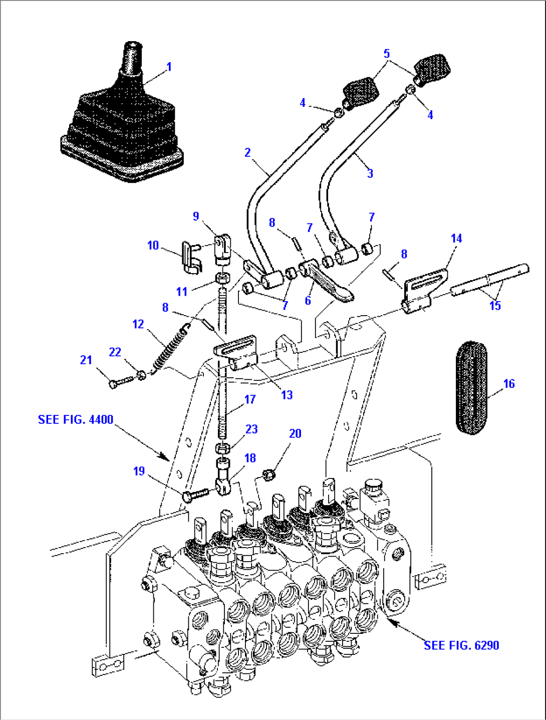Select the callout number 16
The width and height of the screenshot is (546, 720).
coord(509,384)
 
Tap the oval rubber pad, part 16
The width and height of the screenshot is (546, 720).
coord(471,387)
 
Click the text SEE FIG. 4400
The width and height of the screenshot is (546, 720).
coord(76,419)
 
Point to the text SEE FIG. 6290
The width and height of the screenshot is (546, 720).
coord(461,645)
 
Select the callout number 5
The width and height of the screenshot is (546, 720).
coord(386,54)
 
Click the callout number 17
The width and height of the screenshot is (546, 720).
coord(250,399)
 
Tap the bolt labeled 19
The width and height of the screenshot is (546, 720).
coord(193,495)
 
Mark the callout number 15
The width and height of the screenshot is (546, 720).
coord(495,306)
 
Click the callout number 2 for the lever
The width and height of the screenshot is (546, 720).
coord(247,152)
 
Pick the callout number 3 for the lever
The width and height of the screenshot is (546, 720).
coord(370,174)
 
